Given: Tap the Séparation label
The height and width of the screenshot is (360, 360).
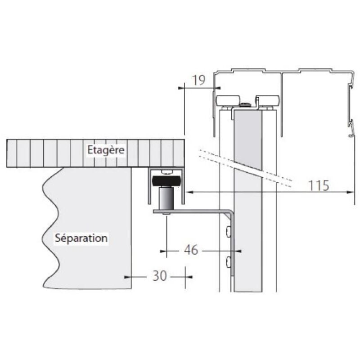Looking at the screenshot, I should coord(81,238).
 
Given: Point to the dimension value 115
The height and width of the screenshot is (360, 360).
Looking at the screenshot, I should coord(319,185).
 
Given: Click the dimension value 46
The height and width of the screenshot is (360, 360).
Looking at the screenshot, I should coord(191,250).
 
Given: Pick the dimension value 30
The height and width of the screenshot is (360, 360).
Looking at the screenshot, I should coord(159,276).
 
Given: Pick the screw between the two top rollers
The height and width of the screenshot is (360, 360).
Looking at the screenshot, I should coord(245,105).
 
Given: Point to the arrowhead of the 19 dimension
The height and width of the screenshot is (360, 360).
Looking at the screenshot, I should coord(211,89).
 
